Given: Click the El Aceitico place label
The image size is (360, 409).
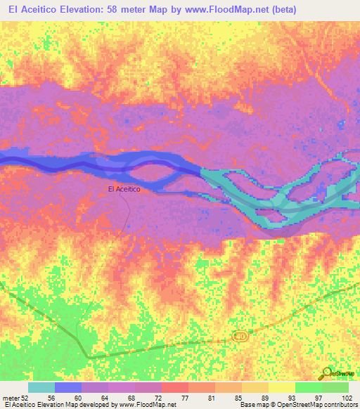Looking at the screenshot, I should point(124,189).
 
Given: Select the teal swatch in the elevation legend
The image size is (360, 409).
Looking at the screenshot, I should point(41,387).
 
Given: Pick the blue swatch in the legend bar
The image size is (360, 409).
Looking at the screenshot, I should point(68,387).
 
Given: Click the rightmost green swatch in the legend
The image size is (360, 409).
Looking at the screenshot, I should point(335,387).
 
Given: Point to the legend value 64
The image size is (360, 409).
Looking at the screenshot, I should point(104,397).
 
